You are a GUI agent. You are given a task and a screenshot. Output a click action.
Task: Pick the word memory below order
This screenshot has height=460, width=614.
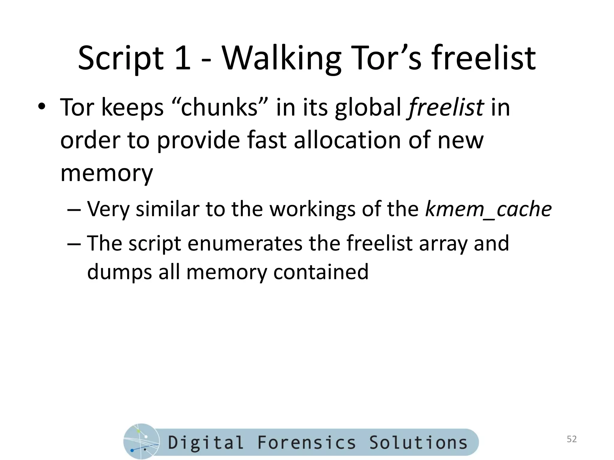pos(106,173)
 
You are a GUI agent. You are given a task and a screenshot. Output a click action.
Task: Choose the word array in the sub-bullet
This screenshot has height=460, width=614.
pos(443,243)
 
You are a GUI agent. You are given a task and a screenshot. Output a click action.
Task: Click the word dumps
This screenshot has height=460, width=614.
pos(119,272)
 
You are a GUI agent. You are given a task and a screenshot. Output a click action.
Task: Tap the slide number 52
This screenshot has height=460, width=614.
pos(572,439)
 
